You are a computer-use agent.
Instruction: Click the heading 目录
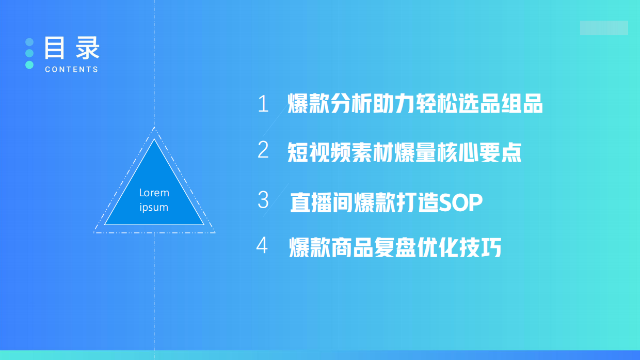coord(72,48)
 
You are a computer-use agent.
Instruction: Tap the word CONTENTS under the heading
coord(71,69)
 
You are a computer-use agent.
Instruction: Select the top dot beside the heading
coord(29,42)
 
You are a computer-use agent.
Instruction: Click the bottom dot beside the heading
coord(29,65)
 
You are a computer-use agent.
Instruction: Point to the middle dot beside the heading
coord(29,53)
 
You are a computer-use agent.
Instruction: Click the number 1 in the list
coord(263,104)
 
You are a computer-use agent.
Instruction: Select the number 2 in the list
coord(263,150)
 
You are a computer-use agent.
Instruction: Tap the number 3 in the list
coord(263,200)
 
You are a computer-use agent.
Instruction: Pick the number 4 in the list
coord(262,246)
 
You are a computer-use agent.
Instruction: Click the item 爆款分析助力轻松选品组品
coord(415,104)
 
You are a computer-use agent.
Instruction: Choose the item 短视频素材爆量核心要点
coord(405,152)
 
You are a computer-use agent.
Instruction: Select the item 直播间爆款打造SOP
coord(386,202)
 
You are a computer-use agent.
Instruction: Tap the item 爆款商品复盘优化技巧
coord(395,248)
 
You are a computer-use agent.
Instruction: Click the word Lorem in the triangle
coord(154,193)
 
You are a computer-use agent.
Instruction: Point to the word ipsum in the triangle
coord(154,207)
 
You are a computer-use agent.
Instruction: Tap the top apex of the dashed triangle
coord(154,128)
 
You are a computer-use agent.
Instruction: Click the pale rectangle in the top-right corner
coord(604,28)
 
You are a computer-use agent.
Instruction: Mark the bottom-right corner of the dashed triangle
coord(214,232)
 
